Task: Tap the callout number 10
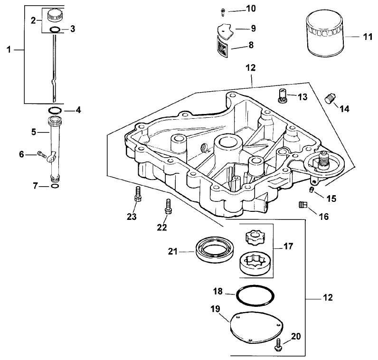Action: coord(251,9)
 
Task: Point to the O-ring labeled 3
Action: coord(55,30)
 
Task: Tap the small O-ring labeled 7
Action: coord(55,186)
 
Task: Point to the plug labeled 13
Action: coord(282,96)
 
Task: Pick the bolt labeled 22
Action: coord(168,206)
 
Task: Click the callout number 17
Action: coord(288,246)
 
